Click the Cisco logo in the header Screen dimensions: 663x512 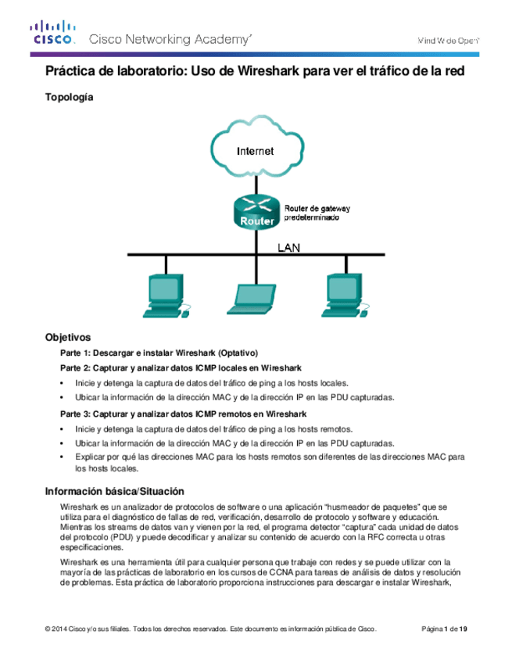53,35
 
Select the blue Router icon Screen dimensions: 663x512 256,212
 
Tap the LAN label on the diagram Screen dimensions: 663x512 290,247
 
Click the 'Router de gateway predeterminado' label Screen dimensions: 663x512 316,214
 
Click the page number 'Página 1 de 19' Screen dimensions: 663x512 445,629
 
